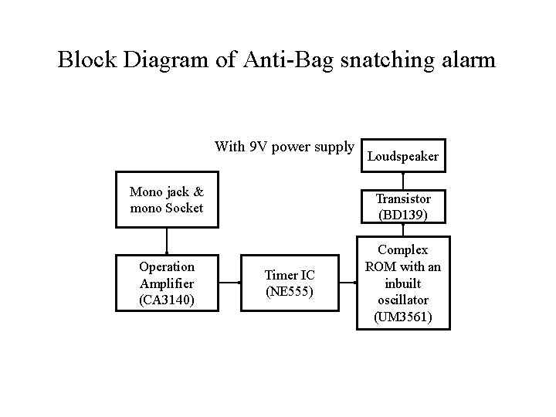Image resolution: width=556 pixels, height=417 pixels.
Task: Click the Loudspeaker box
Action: [403, 156]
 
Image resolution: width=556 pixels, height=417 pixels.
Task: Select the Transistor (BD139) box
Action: [403, 206]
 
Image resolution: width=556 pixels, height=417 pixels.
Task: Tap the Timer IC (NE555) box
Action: [290, 283]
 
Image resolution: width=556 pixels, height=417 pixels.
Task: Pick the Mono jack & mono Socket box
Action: [167, 200]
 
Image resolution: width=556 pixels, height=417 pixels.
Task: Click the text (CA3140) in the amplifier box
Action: [167, 300]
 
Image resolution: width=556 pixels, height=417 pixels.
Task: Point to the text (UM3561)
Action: [403, 317]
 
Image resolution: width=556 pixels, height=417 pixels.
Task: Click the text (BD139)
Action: [403, 215]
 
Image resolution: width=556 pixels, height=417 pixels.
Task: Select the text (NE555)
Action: [290, 291]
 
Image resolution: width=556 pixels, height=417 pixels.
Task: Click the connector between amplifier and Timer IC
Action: [230, 283]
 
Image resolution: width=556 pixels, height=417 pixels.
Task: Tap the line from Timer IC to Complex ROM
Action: [348, 283]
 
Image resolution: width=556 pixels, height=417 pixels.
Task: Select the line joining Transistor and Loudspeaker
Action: [403, 181]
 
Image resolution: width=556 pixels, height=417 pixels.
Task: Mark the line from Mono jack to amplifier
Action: [167, 241]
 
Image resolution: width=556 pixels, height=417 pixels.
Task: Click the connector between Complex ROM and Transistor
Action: [403, 230]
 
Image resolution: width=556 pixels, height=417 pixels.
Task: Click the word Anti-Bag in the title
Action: [289, 59]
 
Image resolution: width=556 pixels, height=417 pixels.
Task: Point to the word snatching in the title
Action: [388, 59]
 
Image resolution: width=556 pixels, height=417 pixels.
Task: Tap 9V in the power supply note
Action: [257, 146]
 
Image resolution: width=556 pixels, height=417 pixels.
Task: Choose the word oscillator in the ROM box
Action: [403, 300]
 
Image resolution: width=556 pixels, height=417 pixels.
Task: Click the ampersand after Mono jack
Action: [198, 192]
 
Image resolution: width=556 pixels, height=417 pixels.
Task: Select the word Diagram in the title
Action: [165, 59]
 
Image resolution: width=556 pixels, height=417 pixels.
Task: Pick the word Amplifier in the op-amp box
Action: [167, 283]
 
